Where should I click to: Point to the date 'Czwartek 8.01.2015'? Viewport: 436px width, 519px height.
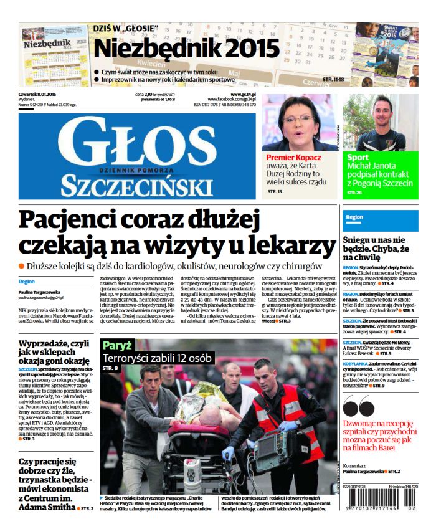click(40, 95)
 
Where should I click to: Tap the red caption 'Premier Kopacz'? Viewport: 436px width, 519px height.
click(293, 158)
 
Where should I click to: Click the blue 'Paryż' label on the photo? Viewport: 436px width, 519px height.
click(118, 345)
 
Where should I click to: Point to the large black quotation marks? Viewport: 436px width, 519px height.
click(359, 406)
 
